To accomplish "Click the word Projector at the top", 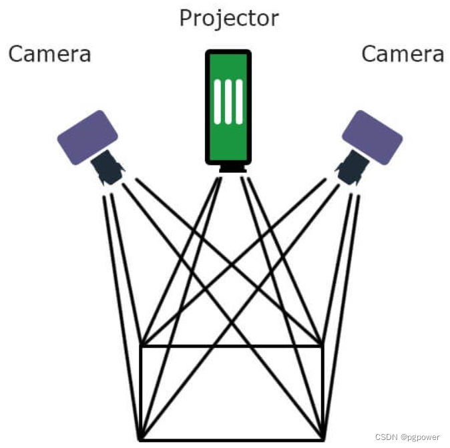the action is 228,18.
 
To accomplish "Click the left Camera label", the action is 49,53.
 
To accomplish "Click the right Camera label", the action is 403,53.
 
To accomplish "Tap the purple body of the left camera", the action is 87,136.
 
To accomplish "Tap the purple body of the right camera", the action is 372,137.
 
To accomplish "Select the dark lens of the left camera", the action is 107,168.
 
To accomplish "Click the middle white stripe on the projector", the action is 228,101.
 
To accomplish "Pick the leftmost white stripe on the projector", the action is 217,101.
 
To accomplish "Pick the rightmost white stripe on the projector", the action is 239,101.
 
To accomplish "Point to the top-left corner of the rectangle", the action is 140,346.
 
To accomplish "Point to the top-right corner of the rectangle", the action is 323,346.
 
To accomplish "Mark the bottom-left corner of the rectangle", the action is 140,439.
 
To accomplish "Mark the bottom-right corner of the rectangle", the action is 323,439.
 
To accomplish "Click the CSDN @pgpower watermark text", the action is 407,437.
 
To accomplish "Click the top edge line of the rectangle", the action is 231,346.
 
